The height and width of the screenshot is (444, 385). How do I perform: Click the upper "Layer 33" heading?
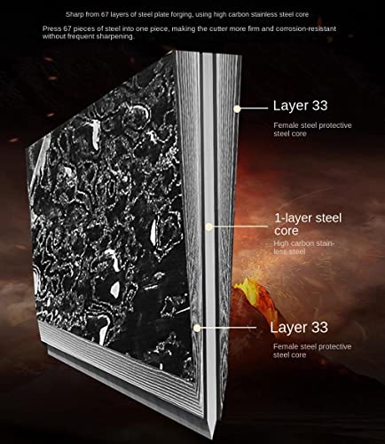(x=300, y=106)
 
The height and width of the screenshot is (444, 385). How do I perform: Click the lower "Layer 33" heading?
(x=299, y=328)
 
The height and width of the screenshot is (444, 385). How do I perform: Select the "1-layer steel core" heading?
(x=308, y=225)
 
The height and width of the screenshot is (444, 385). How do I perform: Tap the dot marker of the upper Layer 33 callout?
(x=237, y=109)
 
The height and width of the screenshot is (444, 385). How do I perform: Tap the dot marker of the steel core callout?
(x=209, y=227)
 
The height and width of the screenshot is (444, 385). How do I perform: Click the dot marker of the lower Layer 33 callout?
(x=197, y=328)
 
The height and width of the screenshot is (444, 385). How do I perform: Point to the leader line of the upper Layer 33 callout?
(x=254, y=108)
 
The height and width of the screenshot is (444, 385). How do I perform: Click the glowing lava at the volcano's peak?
(x=245, y=287)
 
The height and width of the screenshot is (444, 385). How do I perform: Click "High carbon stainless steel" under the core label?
(x=303, y=248)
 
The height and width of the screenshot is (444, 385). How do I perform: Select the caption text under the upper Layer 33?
(x=312, y=130)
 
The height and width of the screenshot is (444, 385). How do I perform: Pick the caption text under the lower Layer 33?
(x=312, y=351)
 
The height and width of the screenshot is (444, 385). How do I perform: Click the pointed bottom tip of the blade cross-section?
(x=213, y=437)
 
